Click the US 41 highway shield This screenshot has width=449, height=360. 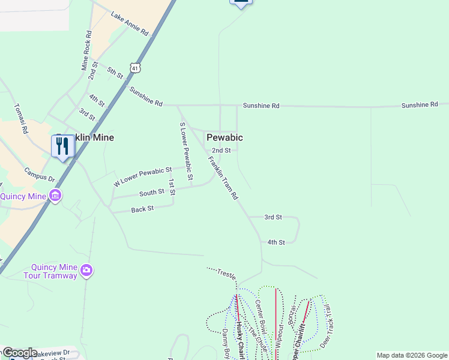click(136, 68)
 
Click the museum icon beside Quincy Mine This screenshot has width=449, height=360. click(55, 196)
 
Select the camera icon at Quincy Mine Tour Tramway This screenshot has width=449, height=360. click(86, 271)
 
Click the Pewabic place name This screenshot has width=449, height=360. click(224, 137)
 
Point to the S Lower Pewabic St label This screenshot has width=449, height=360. click(185, 151)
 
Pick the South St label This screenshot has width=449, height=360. click(152, 192)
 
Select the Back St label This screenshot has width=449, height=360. click(142, 209)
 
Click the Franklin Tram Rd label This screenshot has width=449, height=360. click(223, 178)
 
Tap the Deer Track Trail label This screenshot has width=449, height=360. click(327, 328)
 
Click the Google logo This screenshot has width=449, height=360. click(19, 353)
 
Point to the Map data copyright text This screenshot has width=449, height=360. click(411, 355)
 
